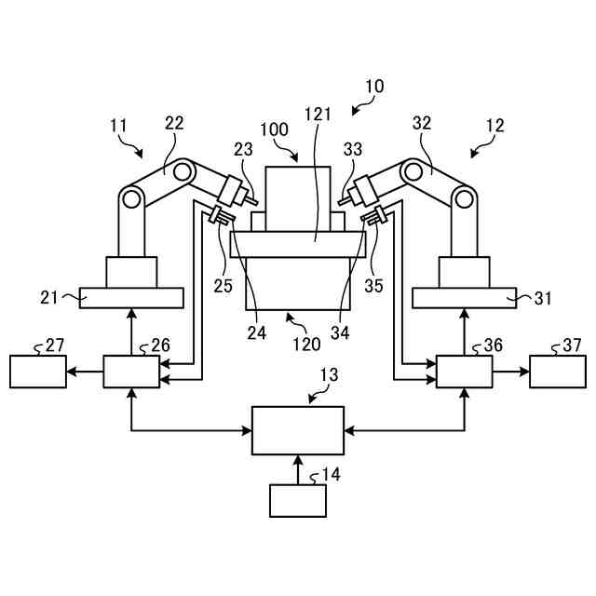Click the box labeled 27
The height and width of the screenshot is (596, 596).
(x=37, y=372)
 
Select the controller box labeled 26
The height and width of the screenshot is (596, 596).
(x=130, y=372)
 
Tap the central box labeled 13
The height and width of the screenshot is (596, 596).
(x=298, y=430)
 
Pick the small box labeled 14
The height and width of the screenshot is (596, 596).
(x=298, y=500)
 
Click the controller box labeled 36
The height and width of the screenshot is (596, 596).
(x=465, y=372)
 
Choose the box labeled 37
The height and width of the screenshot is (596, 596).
(x=558, y=372)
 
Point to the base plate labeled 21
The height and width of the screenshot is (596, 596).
(x=130, y=298)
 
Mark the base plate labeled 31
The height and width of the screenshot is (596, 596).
(x=465, y=298)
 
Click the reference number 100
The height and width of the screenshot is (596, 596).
(x=275, y=129)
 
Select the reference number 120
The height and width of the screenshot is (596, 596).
(x=307, y=343)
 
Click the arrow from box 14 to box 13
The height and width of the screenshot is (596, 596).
(x=298, y=469)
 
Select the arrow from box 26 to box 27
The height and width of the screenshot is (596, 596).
(x=84, y=372)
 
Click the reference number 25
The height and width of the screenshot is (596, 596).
(x=223, y=285)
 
